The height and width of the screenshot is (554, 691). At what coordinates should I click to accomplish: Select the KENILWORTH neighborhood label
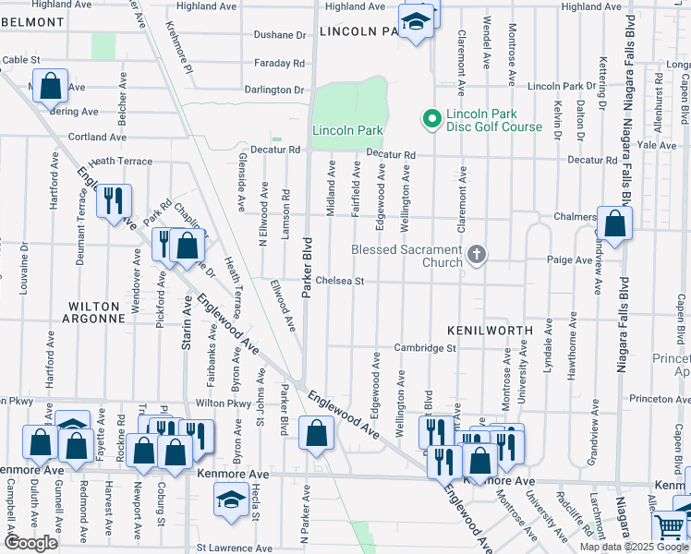tap(490, 330)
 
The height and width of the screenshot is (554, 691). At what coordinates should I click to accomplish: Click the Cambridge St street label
tap(427, 348)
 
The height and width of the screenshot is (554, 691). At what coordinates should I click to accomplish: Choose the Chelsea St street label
tap(340, 281)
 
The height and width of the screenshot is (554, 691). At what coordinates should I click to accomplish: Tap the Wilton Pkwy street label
tap(224, 403)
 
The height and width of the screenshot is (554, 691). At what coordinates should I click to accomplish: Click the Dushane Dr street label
tap(281, 35)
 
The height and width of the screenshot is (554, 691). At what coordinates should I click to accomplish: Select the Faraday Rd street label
tap(281, 63)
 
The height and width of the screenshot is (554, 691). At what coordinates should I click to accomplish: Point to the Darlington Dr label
tap(273, 90)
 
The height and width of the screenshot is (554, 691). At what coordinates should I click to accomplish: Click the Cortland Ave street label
tap(96, 138)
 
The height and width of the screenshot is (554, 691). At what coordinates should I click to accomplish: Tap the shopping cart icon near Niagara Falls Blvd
tap(670, 528)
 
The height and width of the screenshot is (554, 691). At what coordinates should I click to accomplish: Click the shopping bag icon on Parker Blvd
tap(316, 433)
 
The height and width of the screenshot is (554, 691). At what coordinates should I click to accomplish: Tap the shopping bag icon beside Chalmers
tap(614, 223)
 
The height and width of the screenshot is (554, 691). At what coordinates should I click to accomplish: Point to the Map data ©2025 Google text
tap(634, 547)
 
